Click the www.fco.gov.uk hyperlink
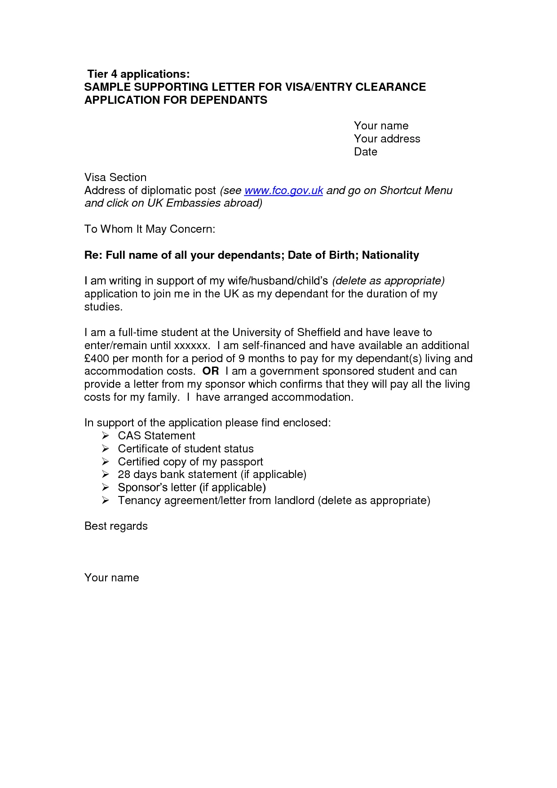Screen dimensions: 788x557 [283, 190]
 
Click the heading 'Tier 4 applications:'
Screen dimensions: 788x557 [138, 74]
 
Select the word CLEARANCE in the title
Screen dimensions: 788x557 [390, 87]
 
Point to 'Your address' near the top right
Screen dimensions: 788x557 [387, 139]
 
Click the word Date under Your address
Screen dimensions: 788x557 [365, 152]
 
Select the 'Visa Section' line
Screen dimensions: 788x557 [115, 177]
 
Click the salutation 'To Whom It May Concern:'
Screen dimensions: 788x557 [150, 229]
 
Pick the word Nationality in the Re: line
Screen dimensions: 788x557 [390, 255]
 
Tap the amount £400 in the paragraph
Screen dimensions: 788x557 [97, 359]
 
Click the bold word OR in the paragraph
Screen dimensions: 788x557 [210, 371]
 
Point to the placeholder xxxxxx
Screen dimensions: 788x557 [191, 345]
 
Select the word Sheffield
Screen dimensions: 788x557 [319, 332]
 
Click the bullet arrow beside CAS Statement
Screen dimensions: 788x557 [105, 436]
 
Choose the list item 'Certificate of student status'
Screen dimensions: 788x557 [186, 449]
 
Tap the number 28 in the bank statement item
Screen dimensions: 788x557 [124, 474]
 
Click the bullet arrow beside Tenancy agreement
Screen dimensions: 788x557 [105, 500]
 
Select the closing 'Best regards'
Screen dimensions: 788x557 [116, 526]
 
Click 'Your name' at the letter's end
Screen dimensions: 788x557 [111, 578]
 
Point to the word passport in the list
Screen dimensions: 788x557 [242, 462]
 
